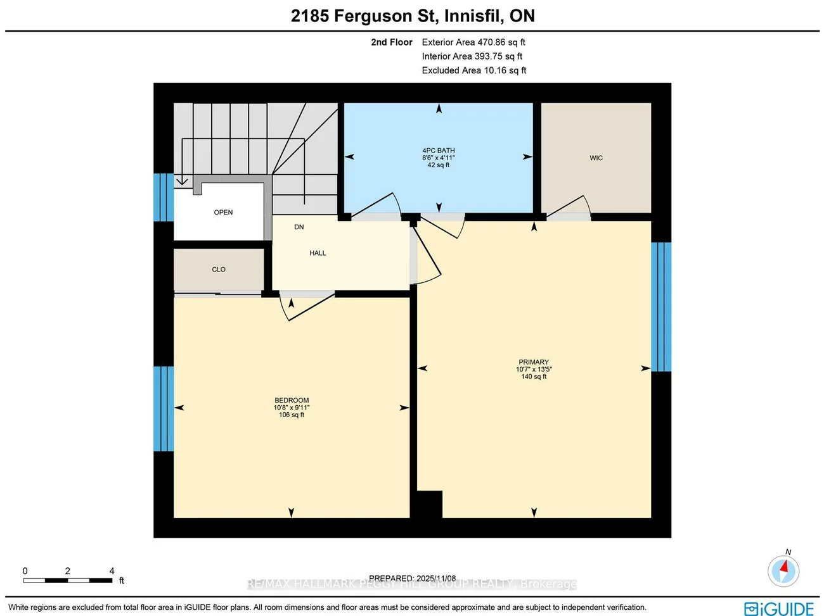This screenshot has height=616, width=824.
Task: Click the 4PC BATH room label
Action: [x=438, y=151]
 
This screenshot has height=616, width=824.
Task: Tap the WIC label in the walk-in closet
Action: [x=596, y=158]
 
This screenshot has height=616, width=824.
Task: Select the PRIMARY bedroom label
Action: [x=533, y=362]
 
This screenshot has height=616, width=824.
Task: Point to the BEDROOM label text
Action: [x=292, y=400]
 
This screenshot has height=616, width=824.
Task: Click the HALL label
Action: [x=318, y=253]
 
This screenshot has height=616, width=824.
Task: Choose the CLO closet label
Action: [x=219, y=270]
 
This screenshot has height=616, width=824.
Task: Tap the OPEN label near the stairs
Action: [x=223, y=213]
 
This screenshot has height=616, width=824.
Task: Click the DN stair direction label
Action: [x=299, y=227]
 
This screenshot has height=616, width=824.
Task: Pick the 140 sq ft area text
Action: [x=534, y=377]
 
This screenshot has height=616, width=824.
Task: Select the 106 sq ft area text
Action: [x=292, y=415]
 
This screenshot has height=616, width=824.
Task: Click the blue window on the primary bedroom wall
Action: [x=661, y=306]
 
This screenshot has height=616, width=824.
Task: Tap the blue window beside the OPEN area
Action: [x=163, y=197]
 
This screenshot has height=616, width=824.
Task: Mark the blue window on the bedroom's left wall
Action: [x=163, y=408]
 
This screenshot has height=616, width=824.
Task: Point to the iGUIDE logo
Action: [x=779, y=608]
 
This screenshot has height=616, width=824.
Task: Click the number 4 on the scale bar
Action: [x=112, y=571]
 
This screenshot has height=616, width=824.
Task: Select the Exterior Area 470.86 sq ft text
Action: [x=473, y=42]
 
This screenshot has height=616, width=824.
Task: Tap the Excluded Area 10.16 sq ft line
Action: [x=473, y=70]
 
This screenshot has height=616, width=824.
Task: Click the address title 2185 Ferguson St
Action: [x=413, y=16]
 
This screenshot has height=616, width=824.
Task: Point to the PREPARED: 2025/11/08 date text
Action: [x=412, y=578]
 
